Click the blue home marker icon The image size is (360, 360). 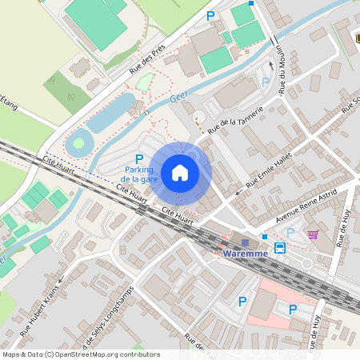pos(180,172)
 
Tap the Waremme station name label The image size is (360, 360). pos(246,254)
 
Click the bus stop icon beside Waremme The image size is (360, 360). pos(280,248)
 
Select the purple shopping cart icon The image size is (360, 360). pos(312,234)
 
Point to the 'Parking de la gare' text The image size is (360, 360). pos(138,174)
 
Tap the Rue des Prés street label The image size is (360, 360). pos(147,58)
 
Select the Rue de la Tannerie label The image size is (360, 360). pos(235,119)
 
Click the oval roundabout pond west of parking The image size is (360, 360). pos(78,145)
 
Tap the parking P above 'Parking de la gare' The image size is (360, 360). pos(139,158)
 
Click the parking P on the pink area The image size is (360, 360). pos(293,309)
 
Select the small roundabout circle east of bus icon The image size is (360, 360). pos(330,263)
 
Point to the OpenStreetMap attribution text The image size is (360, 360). pos(80,354)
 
